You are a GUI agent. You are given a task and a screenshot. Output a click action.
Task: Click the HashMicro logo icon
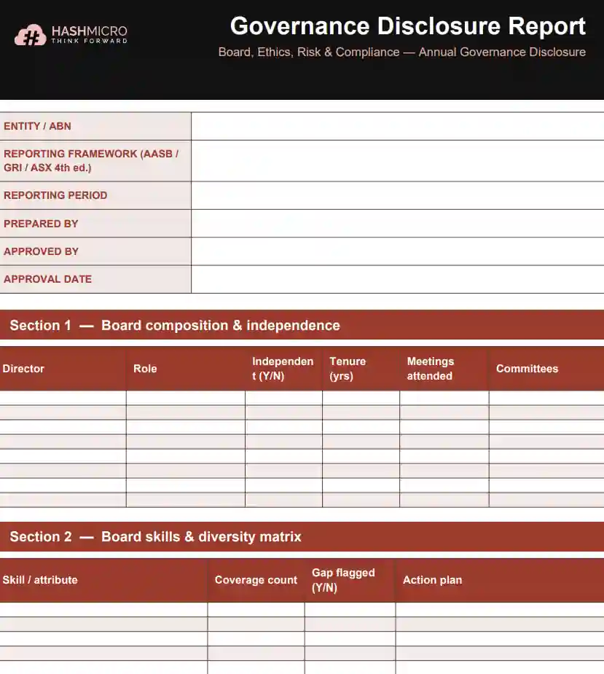[31, 35]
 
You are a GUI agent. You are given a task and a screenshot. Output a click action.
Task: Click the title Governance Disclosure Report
[407, 26]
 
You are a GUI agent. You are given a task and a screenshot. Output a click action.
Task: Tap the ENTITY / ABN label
[38, 126]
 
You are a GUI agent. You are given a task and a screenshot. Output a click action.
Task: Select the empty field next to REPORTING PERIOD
[397, 195]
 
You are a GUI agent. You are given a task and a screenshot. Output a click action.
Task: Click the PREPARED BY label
[41, 224]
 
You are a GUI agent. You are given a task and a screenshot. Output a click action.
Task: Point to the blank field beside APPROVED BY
[397, 251]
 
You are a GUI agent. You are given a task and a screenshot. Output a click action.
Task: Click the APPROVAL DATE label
[48, 279]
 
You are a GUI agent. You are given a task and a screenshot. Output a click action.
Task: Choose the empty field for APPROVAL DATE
[397, 279]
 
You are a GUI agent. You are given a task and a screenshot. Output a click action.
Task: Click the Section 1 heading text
[175, 326]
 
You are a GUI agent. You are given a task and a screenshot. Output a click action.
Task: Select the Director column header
[23, 369]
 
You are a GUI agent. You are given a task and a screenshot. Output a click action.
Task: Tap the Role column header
[145, 369]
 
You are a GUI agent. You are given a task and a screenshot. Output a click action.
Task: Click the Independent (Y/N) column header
[283, 369]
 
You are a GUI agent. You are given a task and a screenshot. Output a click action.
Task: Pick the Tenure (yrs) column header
[348, 369]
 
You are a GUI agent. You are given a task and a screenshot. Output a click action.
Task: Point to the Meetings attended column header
[430, 369]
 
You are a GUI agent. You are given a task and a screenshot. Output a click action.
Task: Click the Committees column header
[527, 369]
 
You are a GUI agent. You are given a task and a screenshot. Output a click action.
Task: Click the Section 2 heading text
[155, 537]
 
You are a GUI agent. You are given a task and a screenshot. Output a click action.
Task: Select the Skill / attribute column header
[40, 580]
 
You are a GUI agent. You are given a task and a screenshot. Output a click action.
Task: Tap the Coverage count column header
[256, 580]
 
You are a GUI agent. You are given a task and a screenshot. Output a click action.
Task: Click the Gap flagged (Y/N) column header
[343, 580]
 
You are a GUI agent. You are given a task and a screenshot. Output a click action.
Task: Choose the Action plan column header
[432, 580]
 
